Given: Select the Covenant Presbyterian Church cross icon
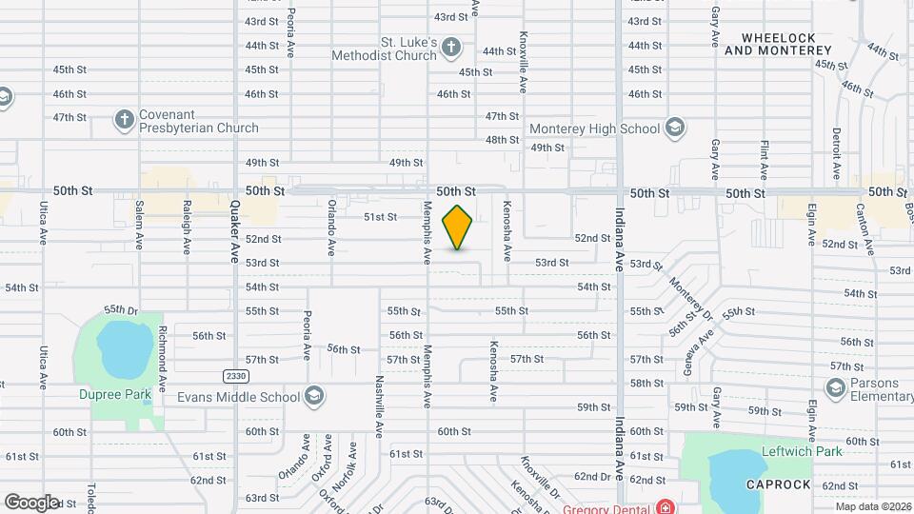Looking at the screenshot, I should tap(124, 119).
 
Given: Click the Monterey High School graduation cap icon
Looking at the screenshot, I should tap(674, 128).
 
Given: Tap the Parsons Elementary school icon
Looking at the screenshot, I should tap(835, 387).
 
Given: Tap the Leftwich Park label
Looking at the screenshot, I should tap(802, 451).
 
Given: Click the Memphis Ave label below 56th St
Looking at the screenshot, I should tap(428, 373).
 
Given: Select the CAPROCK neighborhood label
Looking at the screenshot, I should tap(779, 484).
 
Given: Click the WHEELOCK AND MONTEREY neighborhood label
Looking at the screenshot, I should tap(770, 44).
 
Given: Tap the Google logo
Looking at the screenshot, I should tap(31, 502).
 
